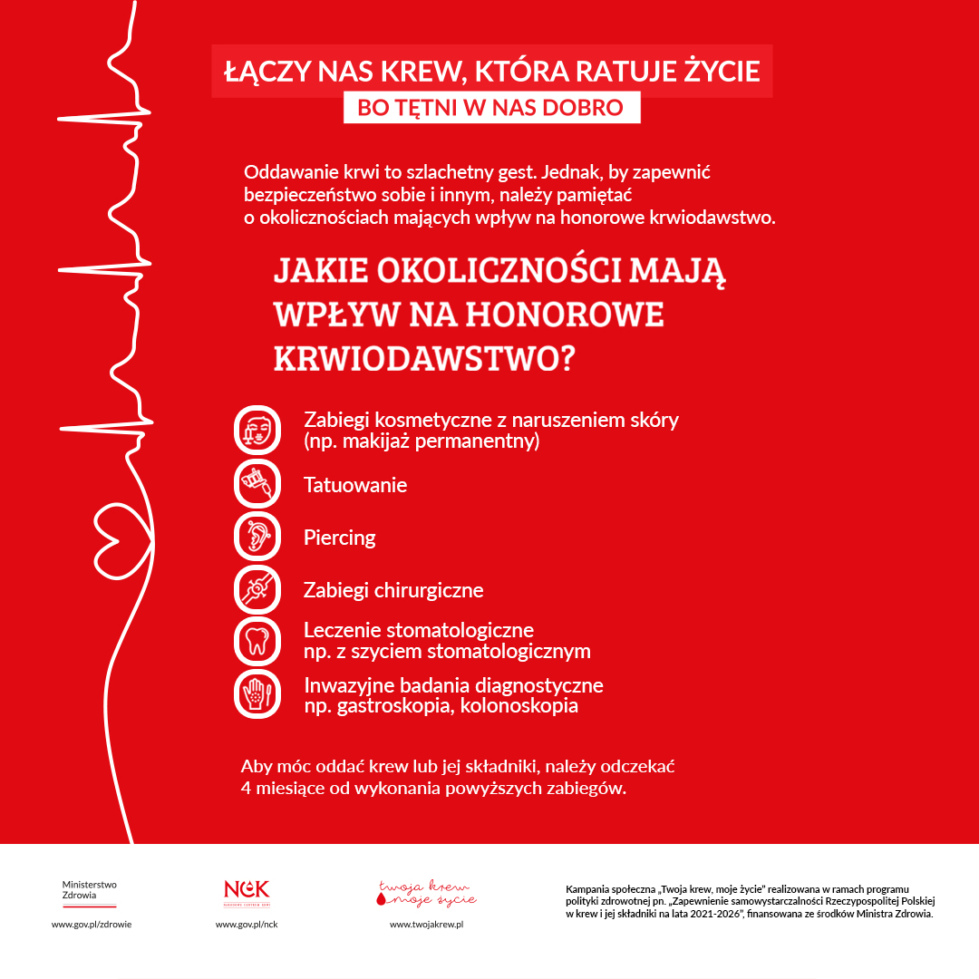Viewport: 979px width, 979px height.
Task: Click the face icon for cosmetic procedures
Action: tap(257, 430)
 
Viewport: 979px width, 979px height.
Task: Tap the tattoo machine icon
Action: tap(257, 483)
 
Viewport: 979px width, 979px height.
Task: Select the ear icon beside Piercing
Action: tap(257, 537)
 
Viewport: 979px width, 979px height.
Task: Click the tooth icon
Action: tap(257, 641)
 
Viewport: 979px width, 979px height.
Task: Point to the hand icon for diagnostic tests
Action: tap(257, 693)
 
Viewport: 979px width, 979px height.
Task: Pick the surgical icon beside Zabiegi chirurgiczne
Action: tap(257, 589)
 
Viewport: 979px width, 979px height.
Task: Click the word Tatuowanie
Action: tap(355, 485)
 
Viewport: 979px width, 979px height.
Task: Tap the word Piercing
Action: tap(339, 538)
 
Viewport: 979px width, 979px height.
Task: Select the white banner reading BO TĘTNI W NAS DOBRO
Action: tap(491, 107)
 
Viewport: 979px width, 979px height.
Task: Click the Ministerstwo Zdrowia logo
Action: tap(89, 893)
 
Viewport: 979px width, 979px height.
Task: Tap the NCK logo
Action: tap(247, 891)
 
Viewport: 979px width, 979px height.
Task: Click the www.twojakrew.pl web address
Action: tap(426, 924)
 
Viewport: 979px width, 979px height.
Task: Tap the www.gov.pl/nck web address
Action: tap(247, 924)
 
